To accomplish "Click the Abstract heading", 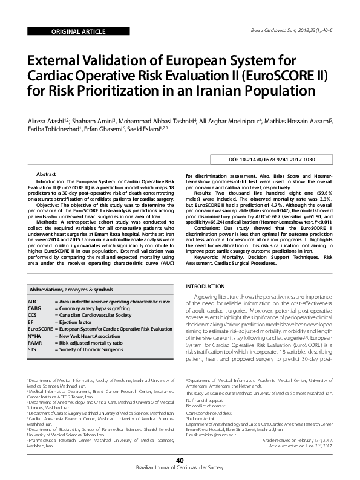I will (x=47, y=174).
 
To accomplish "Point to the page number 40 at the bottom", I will (x=180, y=461).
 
